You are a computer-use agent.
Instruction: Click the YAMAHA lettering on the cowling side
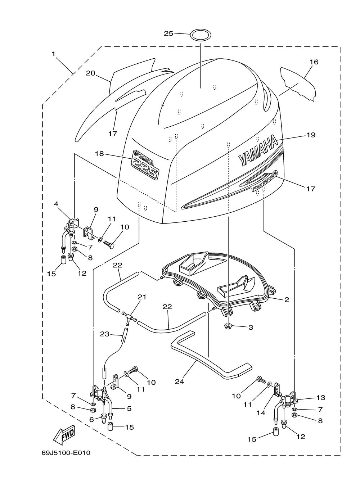[258, 150]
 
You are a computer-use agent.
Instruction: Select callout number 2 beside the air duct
[287, 299]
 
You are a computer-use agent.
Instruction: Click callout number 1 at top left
[53, 54]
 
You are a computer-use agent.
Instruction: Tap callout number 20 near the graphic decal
[91, 73]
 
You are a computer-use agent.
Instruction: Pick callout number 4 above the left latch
[56, 204]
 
